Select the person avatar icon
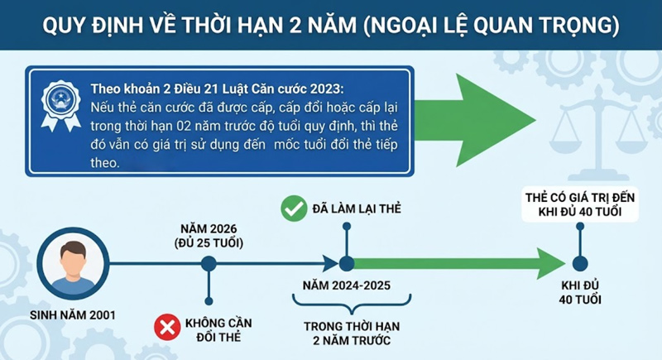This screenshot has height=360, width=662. click(x=75, y=263)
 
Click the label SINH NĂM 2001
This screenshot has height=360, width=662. click(x=75, y=314)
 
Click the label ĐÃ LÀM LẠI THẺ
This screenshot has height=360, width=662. click(x=356, y=209)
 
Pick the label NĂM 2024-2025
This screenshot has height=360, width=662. click(x=346, y=287)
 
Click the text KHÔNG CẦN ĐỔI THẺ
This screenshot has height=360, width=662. click(x=221, y=329)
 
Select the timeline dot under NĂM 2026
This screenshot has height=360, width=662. click(x=209, y=264)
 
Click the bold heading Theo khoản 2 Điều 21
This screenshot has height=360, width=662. click(x=218, y=89)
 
